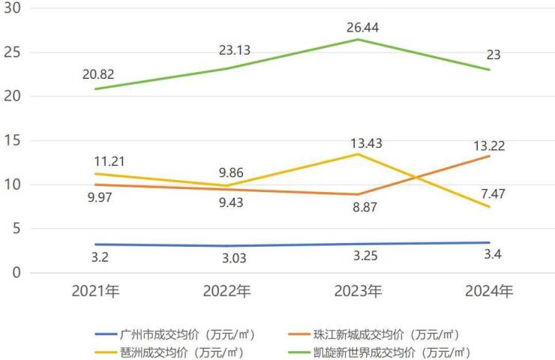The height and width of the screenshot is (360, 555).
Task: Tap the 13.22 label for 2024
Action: pyautogui.click(x=488, y=145)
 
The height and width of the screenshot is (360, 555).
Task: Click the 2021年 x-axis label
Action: pyautogui.click(x=96, y=292)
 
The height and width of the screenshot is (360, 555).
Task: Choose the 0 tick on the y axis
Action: pyautogui.click(x=16, y=273)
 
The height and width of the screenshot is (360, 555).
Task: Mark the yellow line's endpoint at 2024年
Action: pyautogui.click(x=490, y=207)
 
